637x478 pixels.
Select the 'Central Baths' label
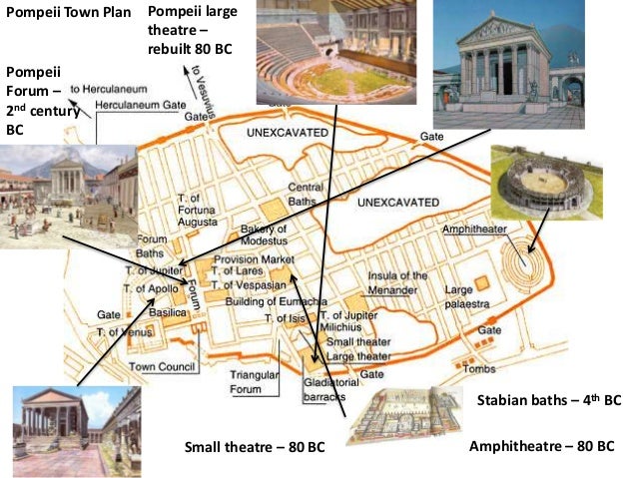pos(306,194)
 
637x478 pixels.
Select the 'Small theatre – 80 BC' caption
pos(256,446)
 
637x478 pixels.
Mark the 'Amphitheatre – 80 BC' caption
pos(541,446)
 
